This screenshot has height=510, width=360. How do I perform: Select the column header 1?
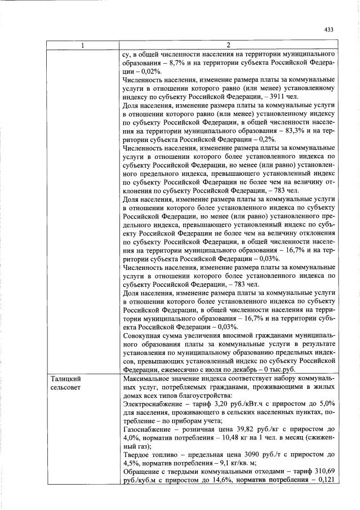pyautogui.click(x=83, y=45)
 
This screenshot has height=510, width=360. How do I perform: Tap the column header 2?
pyautogui.click(x=228, y=45)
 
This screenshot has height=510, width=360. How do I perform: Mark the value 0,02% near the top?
pyautogui.click(x=152, y=72)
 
